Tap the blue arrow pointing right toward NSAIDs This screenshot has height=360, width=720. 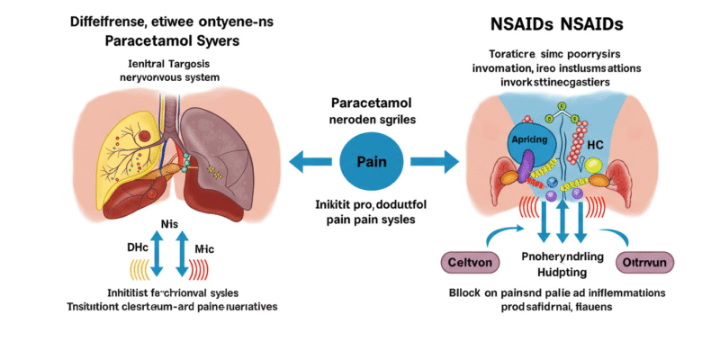[x=435, y=162]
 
